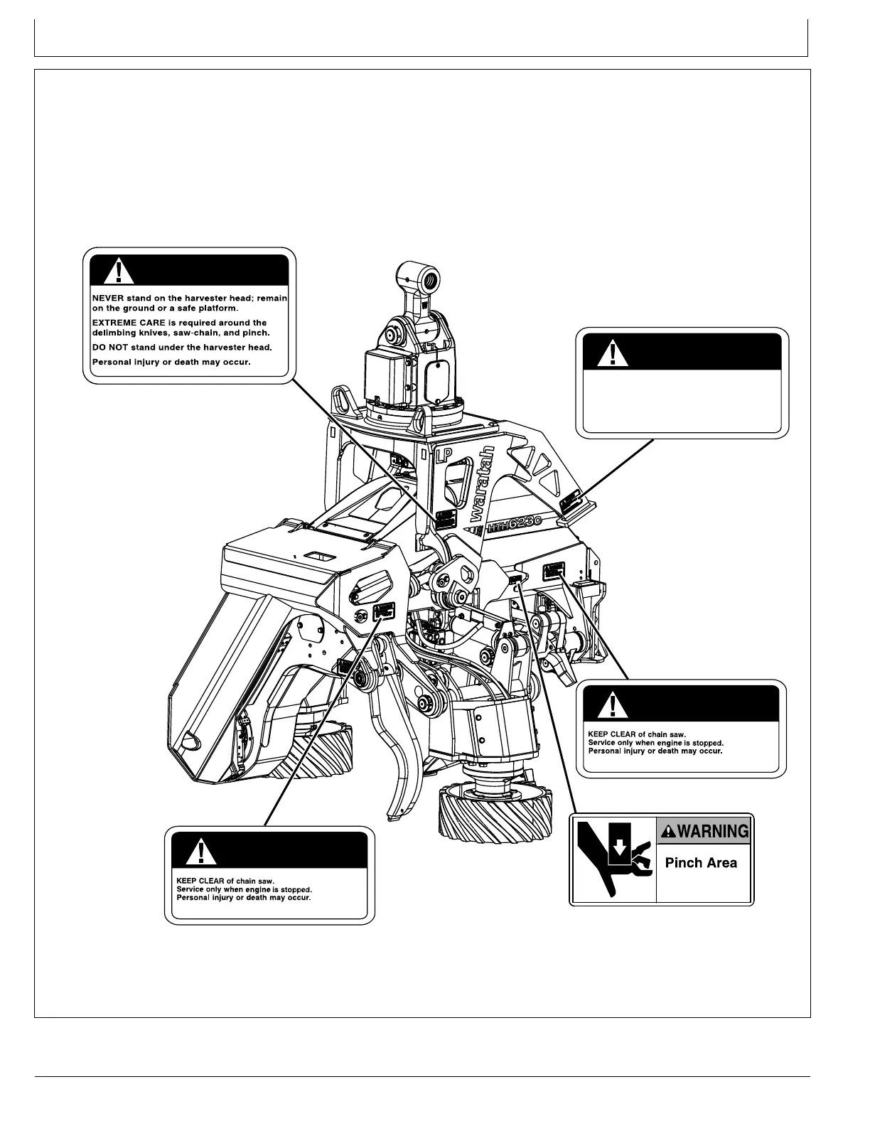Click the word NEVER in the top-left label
click(108, 299)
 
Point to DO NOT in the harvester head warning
click(109, 348)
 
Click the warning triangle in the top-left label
click(114, 272)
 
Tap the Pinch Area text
click(701, 863)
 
